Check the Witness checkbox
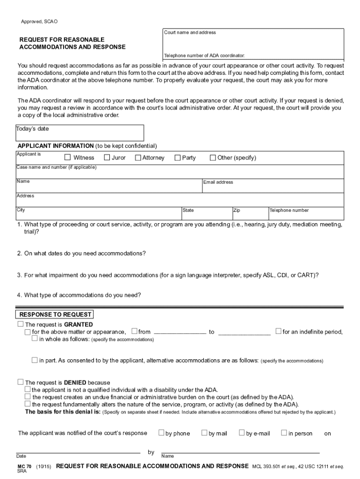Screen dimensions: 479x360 [67, 158]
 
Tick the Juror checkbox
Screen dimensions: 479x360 [107, 158]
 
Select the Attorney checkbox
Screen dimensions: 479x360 [138, 158]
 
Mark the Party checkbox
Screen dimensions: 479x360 [178, 158]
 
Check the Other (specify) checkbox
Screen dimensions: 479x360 [213, 158]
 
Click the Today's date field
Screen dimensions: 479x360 [80, 132]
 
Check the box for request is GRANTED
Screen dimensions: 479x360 [20, 324]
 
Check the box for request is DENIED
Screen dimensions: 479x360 [20, 382]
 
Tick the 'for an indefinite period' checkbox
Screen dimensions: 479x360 [279, 332]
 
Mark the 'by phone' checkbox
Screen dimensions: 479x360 [161, 433]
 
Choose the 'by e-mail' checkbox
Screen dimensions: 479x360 [242, 433]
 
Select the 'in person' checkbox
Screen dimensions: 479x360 [284, 433]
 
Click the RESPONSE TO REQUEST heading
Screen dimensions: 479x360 [55, 315]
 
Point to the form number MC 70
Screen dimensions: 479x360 [24, 466]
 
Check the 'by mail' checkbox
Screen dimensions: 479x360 [204, 433]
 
